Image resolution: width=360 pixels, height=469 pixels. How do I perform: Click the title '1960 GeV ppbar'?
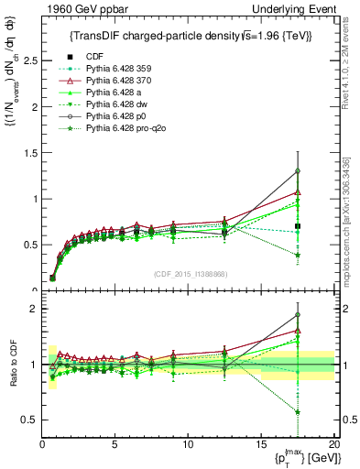click(x=77, y=9)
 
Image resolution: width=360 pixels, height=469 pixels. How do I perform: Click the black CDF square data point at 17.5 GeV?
click(x=298, y=226)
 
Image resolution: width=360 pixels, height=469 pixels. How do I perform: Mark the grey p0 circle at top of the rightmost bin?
click(x=298, y=171)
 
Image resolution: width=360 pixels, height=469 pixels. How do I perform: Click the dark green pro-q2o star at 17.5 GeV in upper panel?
click(x=298, y=256)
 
